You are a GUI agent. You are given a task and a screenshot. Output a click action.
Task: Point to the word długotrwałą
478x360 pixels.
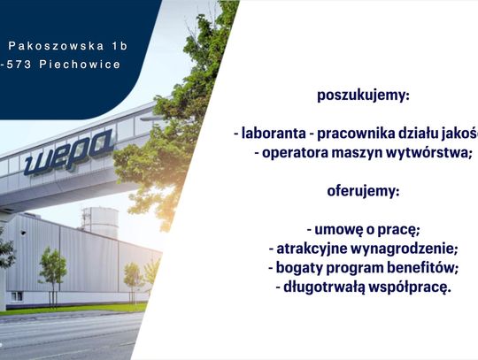322,287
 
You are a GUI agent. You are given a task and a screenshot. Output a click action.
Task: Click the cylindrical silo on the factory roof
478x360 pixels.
99,222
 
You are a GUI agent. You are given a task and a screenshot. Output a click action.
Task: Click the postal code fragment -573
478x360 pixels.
18,65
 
